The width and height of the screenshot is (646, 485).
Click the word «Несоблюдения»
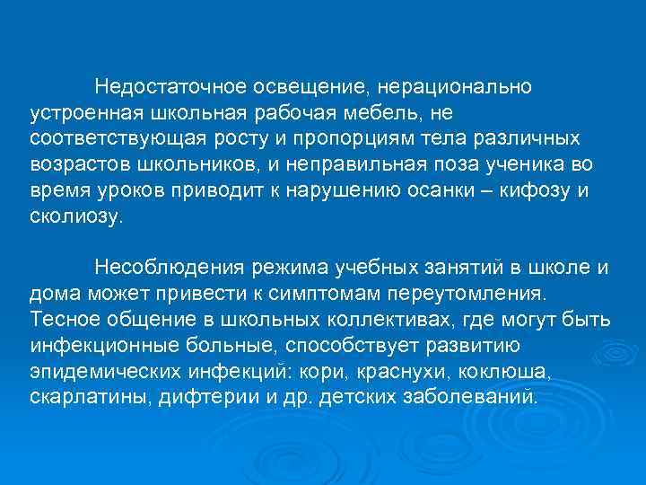click(172, 269)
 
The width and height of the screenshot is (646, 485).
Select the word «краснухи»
click(404, 371)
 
